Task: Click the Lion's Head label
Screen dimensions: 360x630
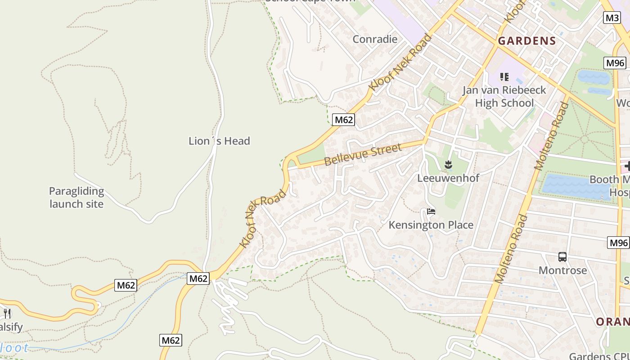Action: pos(219,141)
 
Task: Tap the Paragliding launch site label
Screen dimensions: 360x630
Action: pos(76,198)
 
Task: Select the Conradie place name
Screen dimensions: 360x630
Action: pos(375,39)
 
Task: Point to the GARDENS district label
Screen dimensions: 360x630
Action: pos(527,40)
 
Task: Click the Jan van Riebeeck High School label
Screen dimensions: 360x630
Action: pos(504,96)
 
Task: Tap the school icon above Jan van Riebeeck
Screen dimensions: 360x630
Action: pos(504,77)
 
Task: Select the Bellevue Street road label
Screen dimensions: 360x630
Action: pos(363,154)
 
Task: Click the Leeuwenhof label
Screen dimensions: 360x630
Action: pos(448,178)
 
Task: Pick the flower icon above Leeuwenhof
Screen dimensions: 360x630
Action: pos(448,165)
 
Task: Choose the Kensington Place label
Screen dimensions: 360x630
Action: pos(431,225)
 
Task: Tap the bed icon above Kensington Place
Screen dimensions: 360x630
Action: pos(431,211)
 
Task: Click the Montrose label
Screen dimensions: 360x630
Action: pos(563,270)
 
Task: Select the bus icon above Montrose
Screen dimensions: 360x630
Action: pos(562,257)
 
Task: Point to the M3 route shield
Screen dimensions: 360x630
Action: pos(612,18)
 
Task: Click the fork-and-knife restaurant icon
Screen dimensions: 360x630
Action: pos(7,313)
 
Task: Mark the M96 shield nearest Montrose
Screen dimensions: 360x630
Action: pos(618,243)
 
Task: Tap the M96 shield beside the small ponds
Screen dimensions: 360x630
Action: pos(615,63)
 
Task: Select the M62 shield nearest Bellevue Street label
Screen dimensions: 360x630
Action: pos(344,120)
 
